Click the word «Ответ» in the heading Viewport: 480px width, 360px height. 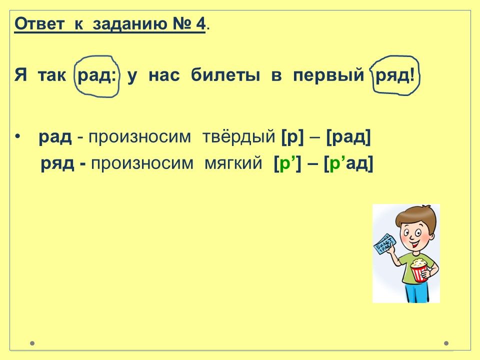click(x=39, y=23)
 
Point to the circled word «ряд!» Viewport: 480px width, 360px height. click(x=395, y=76)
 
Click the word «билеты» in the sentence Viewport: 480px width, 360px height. click(x=225, y=75)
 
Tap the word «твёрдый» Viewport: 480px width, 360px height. click(x=239, y=136)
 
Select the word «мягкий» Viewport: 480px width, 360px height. click(x=233, y=163)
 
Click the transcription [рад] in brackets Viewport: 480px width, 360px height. click(x=348, y=137)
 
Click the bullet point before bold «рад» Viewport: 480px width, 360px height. click(x=18, y=137)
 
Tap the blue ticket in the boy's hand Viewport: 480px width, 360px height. click(x=384, y=244)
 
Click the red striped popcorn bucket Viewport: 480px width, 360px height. click(x=419, y=270)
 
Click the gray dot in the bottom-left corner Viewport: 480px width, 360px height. click(x=32, y=343)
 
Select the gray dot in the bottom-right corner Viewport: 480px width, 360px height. click(x=446, y=343)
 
